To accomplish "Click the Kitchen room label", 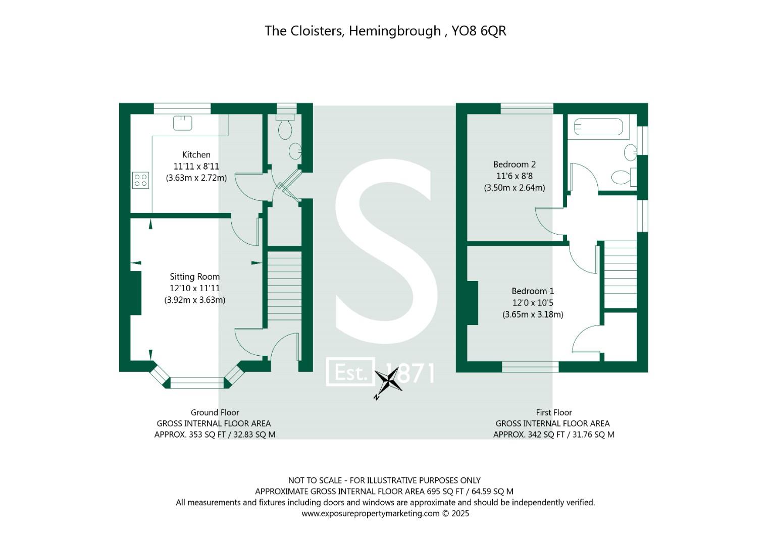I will tap(196, 155).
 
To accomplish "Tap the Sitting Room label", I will tap(194, 277).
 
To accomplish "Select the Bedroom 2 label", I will tap(514, 165).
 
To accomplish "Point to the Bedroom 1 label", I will tap(533, 291).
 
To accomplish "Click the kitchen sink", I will tap(182, 123).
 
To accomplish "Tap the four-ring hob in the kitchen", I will tap(141, 180).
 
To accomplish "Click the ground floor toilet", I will tap(285, 127).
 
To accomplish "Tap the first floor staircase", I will tap(621, 274).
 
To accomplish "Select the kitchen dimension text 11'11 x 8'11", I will tap(196, 167).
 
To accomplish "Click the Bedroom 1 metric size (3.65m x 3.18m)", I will tap(533, 314).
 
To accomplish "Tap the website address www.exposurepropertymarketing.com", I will tap(370, 514).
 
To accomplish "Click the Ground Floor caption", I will tap(215, 412).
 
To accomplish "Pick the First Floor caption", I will tap(553, 412).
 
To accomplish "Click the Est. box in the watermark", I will tap(350, 372).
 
